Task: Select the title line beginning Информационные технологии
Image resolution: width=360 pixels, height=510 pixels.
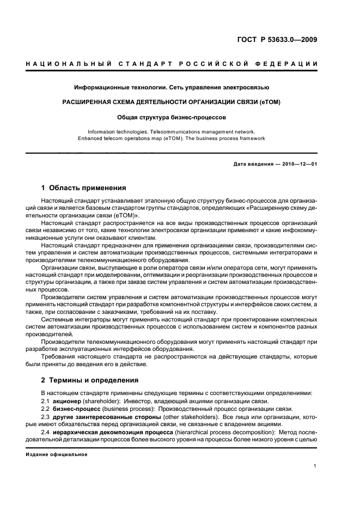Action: tap(172, 87)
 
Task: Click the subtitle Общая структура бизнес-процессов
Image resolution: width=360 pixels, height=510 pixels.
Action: tap(172, 117)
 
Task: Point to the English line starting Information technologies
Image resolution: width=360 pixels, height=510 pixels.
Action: tap(172, 131)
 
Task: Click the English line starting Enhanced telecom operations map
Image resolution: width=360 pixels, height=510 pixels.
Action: tap(172, 138)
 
